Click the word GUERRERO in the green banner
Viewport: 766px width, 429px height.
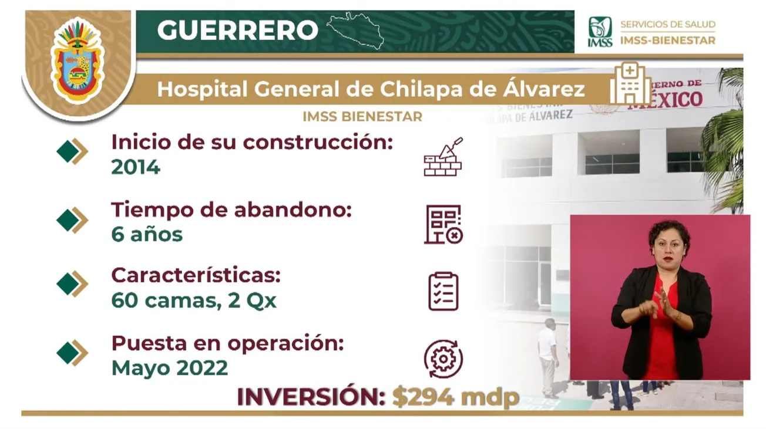[x=238, y=30]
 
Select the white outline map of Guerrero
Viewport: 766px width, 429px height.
[x=355, y=31]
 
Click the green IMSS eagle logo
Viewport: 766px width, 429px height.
[x=600, y=32]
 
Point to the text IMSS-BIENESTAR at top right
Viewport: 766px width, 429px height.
[x=668, y=40]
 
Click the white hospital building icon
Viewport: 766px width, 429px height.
[x=630, y=84]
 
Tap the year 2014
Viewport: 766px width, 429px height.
[x=136, y=167]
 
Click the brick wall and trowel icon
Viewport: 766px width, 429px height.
[x=443, y=157]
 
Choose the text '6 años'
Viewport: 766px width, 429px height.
[x=147, y=234]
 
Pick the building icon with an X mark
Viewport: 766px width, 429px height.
[x=444, y=224]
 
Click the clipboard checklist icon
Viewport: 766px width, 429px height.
[x=444, y=291]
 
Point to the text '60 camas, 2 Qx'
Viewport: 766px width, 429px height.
[x=194, y=300]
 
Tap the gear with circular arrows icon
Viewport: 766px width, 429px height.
[x=444, y=359]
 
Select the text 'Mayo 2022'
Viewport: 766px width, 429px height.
[x=170, y=368]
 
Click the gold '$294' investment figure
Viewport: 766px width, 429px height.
[x=424, y=397]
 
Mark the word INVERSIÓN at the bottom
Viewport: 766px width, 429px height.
[x=311, y=397]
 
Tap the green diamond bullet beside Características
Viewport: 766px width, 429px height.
[x=67, y=284]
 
